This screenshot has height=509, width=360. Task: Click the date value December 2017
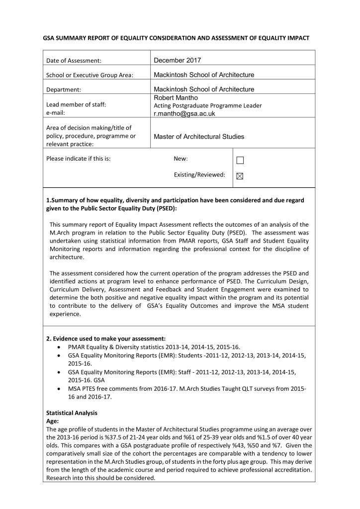pos(178,60)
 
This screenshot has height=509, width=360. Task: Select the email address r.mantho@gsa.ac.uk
pos(184,113)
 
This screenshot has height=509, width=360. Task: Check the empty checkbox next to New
pos(240,160)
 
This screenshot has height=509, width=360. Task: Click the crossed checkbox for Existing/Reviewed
pos(240,175)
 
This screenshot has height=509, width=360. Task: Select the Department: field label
pos(64,90)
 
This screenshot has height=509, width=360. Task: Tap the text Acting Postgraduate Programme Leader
pos(207,105)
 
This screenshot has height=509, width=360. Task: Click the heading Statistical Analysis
pos(72,413)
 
